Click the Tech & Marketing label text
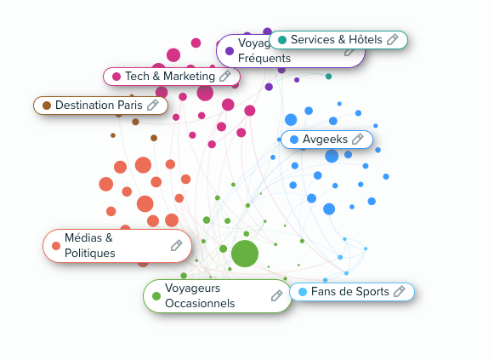tap(170, 77)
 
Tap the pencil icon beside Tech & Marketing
tap(225, 77)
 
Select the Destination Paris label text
tap(99, 106)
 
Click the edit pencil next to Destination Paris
tap(153, 106)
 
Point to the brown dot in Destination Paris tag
tap(47, 106)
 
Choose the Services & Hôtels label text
tap(336, 40)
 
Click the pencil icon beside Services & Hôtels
tap(393, 40)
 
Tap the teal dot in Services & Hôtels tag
tap(281, 40)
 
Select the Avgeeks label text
tap(322, 139)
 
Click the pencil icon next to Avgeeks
tap(358, 139)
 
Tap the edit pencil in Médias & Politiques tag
tap(177, 245)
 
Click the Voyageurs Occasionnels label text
tap(200, 295)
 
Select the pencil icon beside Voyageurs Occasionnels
tap(276, 295)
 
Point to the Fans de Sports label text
tap(349, 292)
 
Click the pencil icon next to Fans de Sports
tap(399, 292)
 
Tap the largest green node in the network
tap(244, 253)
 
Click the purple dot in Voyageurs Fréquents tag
tap(230, 51)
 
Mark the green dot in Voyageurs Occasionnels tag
tap(156, 296)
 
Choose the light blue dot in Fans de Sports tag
tap(303, 292)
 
